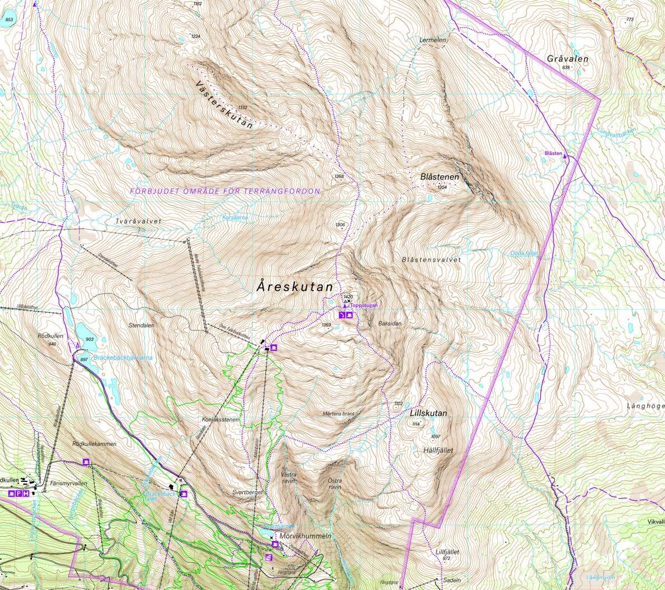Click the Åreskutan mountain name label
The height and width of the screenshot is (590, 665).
(x=295, y=287)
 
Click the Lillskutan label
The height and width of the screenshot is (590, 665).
(x=429, y=413)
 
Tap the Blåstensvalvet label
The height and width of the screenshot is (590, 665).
(x=431, y=260)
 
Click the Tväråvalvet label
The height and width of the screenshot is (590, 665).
(x=138, y=221)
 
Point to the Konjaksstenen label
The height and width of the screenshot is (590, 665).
(x=221, y=420)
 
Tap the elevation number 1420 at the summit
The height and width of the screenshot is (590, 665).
(x=348, y=297)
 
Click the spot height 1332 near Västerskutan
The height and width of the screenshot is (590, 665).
(x=242, y=107)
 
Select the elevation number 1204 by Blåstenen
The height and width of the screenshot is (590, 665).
(x=442, y=188)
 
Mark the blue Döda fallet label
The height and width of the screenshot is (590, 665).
(x=524, y=253)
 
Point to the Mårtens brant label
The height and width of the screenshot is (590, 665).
(x=337, y=414)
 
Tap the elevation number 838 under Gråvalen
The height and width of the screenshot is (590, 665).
(x=565, y=68)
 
